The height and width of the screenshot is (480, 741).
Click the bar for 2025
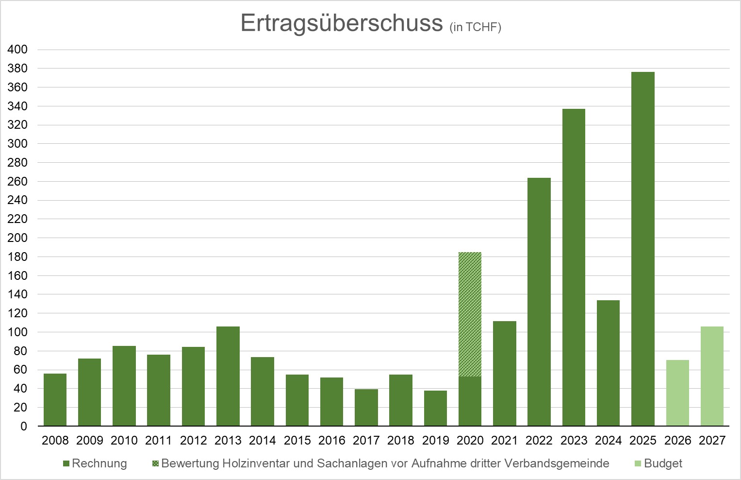643,249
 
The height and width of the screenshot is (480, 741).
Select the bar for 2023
574,267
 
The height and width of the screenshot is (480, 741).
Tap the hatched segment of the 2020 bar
470,314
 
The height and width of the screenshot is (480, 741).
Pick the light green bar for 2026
677,393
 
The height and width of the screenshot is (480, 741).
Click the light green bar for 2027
712,376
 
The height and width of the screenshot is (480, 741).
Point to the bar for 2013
228,376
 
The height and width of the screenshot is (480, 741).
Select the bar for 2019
435,408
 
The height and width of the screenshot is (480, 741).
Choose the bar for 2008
55,400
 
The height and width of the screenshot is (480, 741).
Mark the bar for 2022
539,302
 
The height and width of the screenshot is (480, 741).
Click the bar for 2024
608,363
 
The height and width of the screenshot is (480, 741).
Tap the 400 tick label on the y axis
17,50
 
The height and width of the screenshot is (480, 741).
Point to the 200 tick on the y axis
17,238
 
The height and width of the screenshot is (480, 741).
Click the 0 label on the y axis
24,427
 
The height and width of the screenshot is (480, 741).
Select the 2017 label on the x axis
366,441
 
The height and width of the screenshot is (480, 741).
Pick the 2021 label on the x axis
505,441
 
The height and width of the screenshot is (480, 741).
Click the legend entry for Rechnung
95,463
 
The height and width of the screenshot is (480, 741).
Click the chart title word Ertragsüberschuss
342,23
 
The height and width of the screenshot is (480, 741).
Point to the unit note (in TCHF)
476,27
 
